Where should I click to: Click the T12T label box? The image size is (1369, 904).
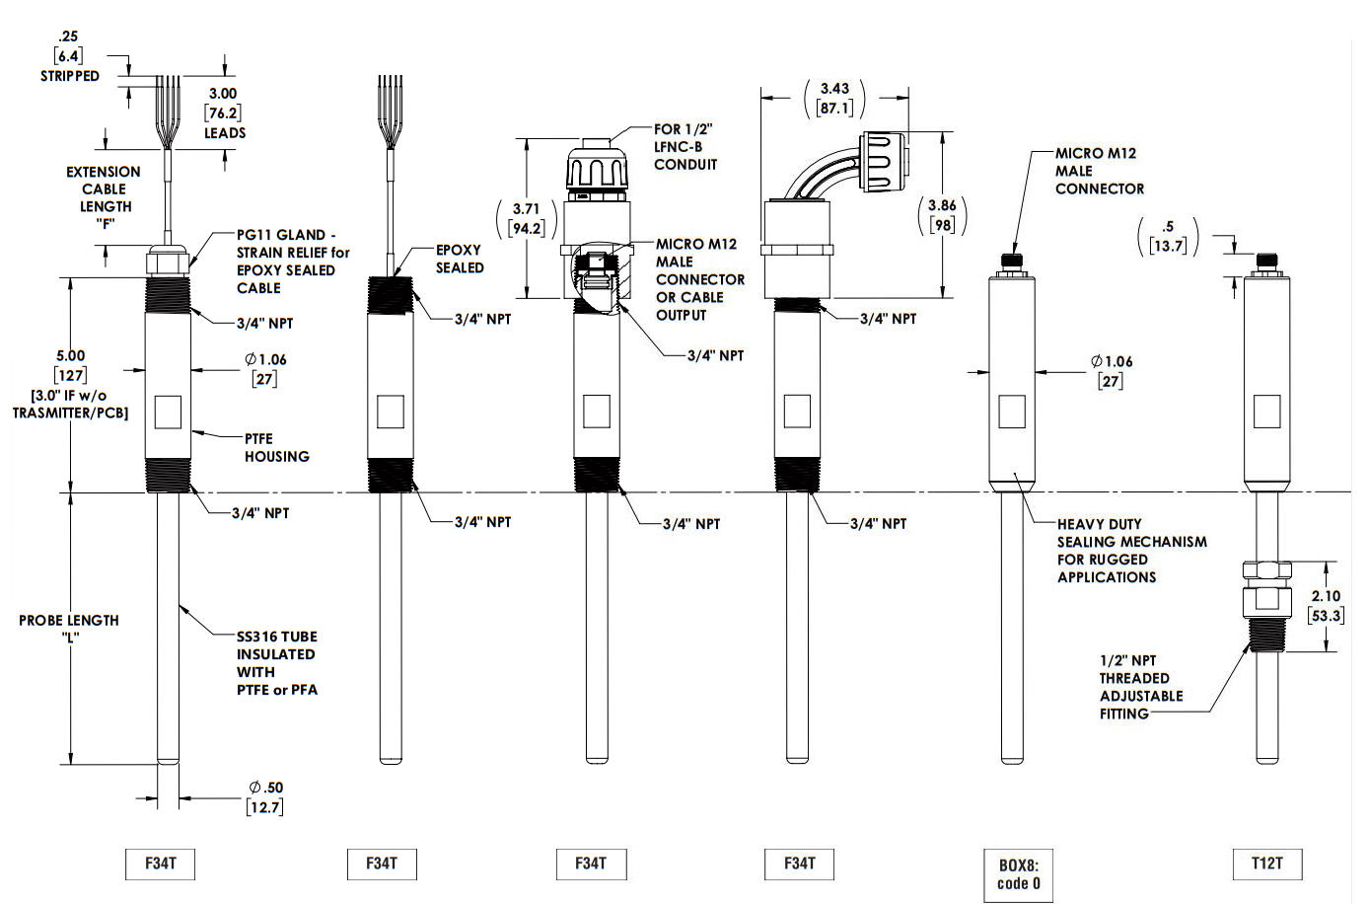[1267, 864]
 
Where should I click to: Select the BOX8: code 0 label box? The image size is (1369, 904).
[1018, 874]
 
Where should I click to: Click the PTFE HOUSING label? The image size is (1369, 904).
[276, 447]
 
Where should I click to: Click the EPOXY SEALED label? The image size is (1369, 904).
[460, 259]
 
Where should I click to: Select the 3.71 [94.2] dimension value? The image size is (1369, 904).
[526, 218]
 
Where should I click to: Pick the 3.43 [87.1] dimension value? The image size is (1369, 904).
[834, 98]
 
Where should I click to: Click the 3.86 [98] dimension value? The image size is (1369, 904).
[942, 215]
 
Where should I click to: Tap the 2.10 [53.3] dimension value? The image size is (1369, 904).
[1325, 606]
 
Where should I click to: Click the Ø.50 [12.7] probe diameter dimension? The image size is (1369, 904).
[265, 797]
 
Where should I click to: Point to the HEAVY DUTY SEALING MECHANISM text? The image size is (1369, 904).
[1131, 551]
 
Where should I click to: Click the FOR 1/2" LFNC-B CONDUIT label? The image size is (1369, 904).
[684, 147]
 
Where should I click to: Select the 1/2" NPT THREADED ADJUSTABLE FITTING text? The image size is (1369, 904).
[1140, 687]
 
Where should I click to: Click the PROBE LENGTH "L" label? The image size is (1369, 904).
[69, 628]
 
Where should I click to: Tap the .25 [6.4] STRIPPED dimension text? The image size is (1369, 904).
[69, 56]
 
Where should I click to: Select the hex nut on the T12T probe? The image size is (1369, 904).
[1266, 570]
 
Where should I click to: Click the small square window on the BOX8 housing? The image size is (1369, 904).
[1012, 412]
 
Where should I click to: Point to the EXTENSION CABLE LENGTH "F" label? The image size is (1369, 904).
[104, 196]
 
